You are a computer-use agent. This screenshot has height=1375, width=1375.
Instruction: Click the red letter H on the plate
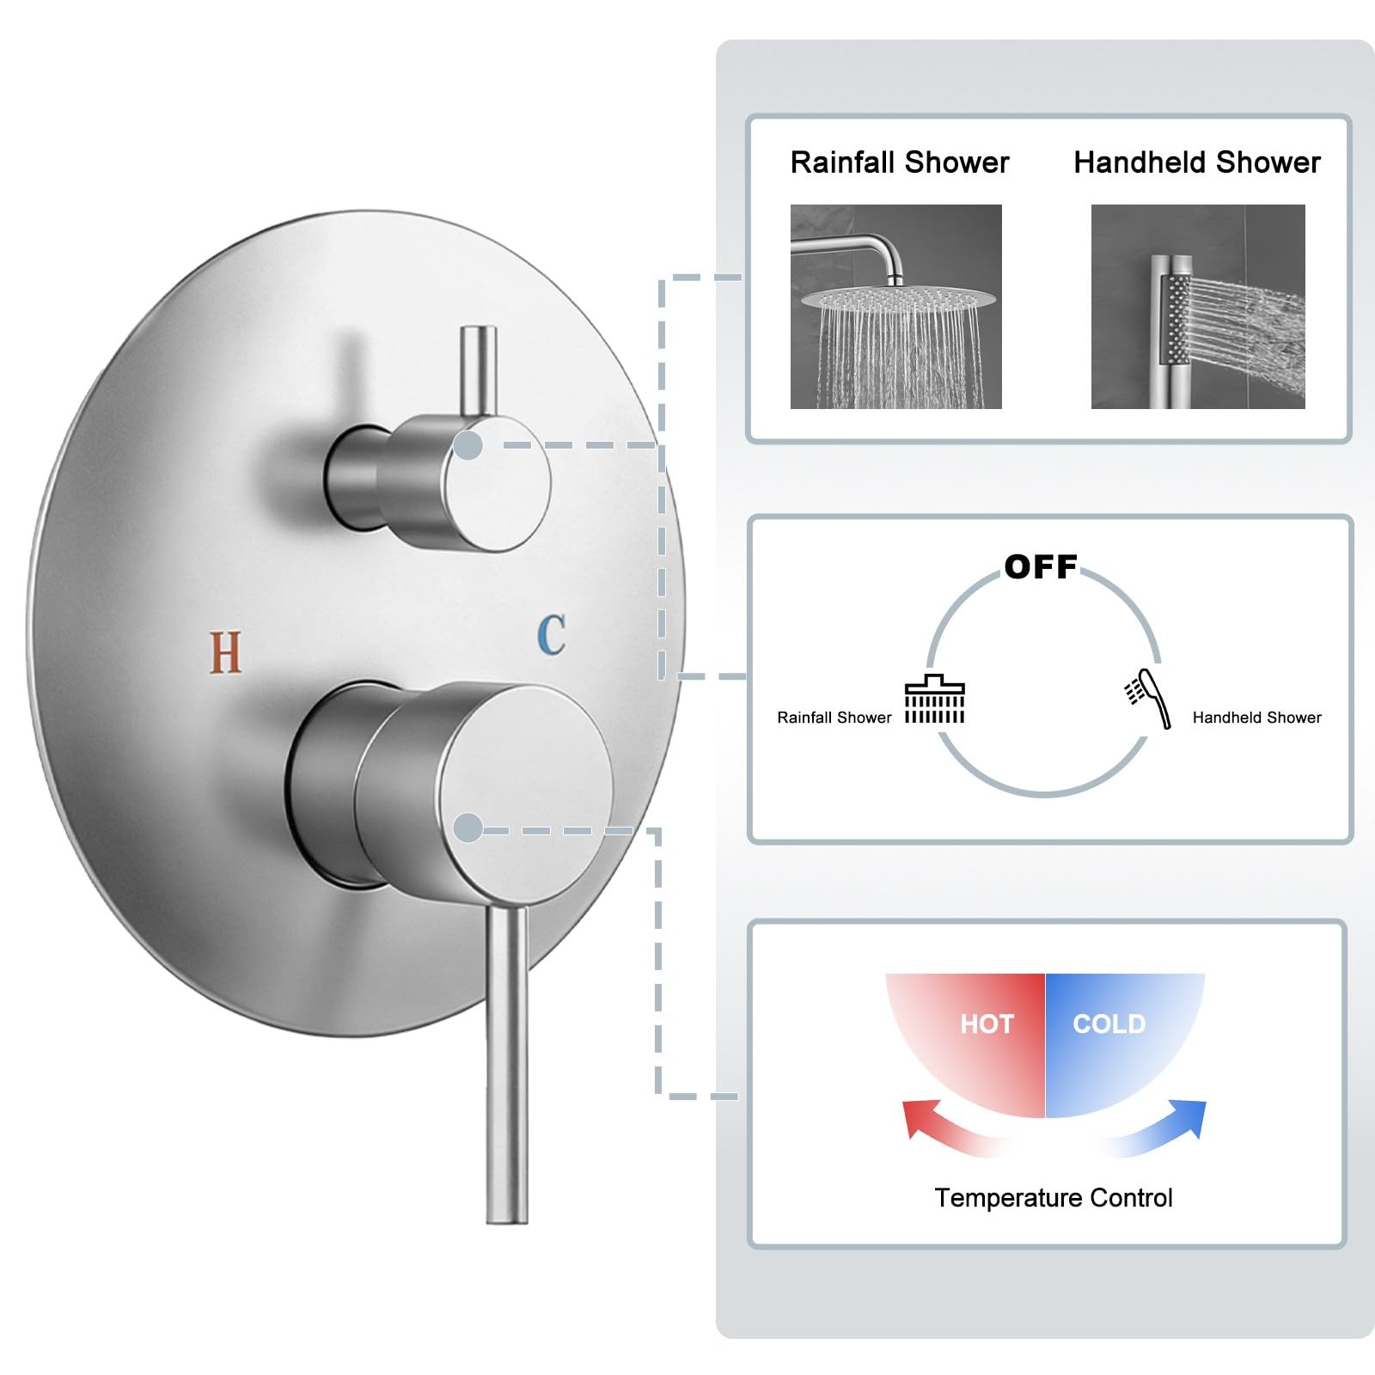225,652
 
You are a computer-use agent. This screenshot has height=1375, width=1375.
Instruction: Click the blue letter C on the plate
552,634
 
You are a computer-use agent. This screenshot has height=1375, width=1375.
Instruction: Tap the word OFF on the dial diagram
1041,567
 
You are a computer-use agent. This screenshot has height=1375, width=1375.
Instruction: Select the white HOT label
987,1024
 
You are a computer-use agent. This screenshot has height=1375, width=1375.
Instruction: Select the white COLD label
1109,1024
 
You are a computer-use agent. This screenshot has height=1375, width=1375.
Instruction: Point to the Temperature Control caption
1054,1198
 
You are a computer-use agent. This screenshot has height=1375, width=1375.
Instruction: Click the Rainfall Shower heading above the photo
900,162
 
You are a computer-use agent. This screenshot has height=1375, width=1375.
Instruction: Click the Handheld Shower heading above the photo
1197,162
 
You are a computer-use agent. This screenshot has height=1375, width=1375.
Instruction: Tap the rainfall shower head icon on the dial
935,700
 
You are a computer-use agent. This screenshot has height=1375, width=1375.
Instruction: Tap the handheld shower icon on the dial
1149,699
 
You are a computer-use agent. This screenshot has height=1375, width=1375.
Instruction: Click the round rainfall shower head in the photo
889,300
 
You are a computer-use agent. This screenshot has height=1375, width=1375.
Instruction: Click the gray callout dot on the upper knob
467,445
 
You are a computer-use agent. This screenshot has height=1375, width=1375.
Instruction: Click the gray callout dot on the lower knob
467,828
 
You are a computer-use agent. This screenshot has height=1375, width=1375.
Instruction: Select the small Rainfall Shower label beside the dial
834,718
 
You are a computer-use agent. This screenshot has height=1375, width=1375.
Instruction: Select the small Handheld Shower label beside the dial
1257,718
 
